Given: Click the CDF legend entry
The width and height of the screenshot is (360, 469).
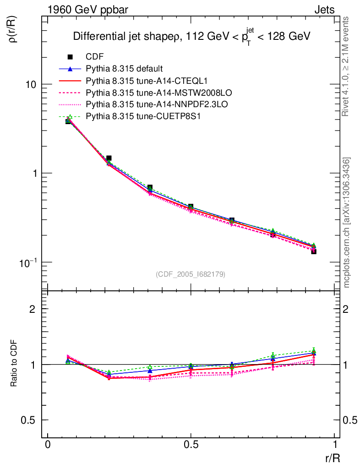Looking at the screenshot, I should (94, 57).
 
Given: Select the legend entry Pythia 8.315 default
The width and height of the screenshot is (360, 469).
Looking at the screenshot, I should (124, 69).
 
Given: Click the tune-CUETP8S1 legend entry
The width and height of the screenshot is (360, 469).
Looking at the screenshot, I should (137, 116).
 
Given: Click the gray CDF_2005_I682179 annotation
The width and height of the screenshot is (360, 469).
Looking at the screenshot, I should (191, 274).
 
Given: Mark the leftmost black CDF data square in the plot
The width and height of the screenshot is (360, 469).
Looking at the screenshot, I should (68, 121).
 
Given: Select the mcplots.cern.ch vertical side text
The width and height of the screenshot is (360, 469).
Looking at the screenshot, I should (347, 222).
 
